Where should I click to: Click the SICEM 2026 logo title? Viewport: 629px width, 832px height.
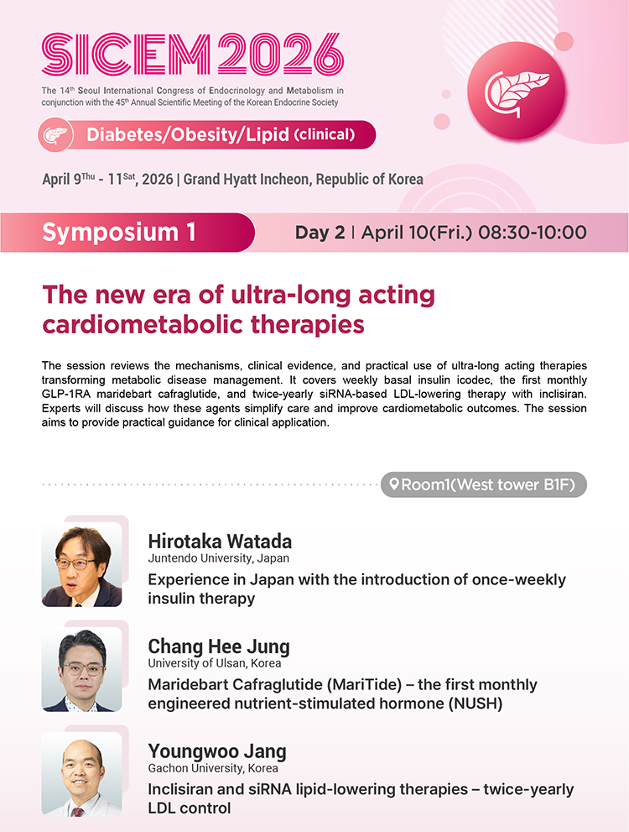click(193, 55)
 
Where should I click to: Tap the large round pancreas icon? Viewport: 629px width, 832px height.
click(516, 92)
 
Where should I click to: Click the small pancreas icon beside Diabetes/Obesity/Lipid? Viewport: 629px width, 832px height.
click(55, 135)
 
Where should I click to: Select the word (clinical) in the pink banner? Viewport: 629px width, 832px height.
click(324, 134)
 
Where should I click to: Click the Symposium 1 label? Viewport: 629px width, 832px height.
click(119, 233)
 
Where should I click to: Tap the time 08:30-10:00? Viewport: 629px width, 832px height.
click(532, 233)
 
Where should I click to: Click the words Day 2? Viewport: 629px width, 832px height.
click(320, 233)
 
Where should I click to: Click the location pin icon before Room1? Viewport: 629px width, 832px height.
click(393, 484)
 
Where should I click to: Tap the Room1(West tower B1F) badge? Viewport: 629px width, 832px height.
click(483, 484)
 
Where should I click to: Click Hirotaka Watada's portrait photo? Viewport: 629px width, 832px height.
click(81, 564)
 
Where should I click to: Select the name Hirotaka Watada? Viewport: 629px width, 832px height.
click(220, 542)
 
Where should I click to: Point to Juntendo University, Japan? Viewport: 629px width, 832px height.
click(218, 558)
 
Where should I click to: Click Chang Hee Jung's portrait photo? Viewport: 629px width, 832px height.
click(81, 669)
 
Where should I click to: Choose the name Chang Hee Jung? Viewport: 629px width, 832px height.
click(219, 646)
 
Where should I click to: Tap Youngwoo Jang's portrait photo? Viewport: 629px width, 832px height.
click(81, 773)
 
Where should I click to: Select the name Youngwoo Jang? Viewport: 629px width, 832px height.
click(217, 751)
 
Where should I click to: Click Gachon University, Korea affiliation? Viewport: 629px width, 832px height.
click(213, 768)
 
